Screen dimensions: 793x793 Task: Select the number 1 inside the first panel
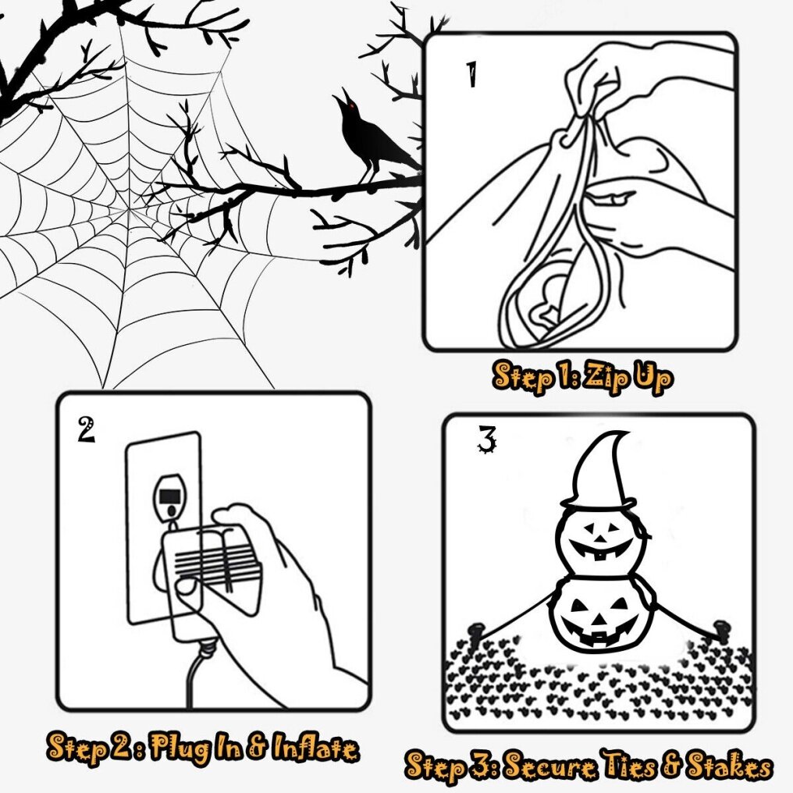coord(471,75)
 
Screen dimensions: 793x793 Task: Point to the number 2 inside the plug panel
coord(87,429)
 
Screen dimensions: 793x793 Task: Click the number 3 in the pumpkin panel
coord(487,439)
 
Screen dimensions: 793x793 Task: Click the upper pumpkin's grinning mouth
coord(600,549)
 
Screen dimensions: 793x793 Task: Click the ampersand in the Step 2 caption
coord(258,748)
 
